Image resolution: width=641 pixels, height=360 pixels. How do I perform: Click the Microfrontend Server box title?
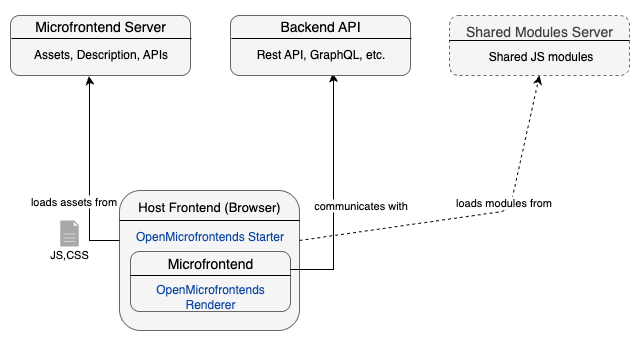[x=100, y=27]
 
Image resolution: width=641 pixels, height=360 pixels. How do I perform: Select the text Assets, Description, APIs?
[x=100, y=56]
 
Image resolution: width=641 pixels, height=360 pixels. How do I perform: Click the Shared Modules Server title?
[x=540, y=32]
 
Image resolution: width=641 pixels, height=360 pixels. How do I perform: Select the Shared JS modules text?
[x=540, y=57]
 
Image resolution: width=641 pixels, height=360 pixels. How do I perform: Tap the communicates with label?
[x=361, y=206]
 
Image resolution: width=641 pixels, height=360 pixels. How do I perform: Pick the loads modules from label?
[x=504, y=203]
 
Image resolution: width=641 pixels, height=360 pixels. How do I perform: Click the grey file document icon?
[x=70, y=233]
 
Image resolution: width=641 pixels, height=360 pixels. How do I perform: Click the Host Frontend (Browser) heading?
[x=209, y=209]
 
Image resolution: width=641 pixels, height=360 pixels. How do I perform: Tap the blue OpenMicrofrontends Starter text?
[x=210, y=237]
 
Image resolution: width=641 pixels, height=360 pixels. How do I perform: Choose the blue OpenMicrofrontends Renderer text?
[x=210, y=297]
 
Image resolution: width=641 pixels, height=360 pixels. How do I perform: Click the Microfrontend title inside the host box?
[x=210, y=265]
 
